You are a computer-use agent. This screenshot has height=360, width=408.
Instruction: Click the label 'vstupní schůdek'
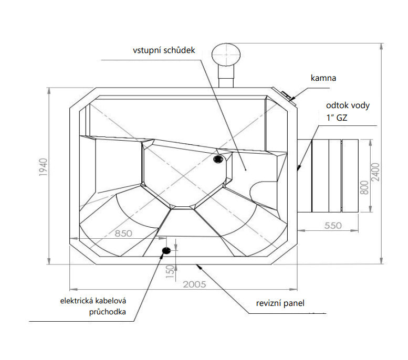click(x=164, y=51)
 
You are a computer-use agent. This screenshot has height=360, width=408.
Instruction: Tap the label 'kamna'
click(x=323, y=78)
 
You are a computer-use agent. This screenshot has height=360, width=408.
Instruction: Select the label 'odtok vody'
click(x=348, y=105)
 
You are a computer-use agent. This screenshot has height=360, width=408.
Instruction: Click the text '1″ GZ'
click(x=337, y=118)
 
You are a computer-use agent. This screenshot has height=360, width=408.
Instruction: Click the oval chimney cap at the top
click(x=226, y=54)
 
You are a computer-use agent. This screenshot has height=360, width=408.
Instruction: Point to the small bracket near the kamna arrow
click(x=287, y=95)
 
